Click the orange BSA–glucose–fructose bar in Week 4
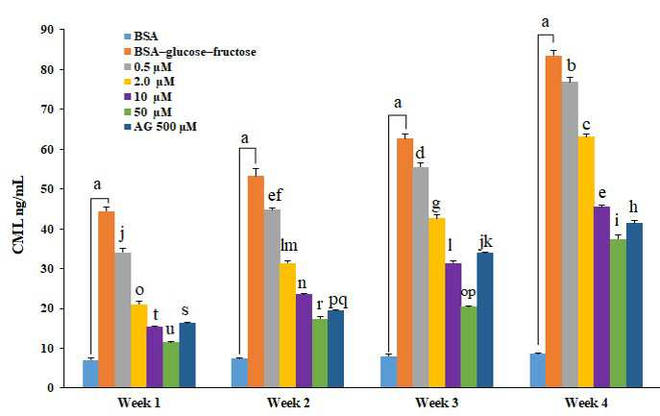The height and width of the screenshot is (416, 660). tap(553, 222)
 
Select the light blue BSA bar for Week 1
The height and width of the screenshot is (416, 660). tap(90, 374)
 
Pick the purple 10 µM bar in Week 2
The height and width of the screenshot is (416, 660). tap(304, 341)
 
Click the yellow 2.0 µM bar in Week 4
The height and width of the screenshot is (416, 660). tap(586, 262)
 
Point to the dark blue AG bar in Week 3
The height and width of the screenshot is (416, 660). tap(485, 320)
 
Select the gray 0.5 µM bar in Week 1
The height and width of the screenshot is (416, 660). tap(123, 320)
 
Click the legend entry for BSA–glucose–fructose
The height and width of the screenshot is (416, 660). tap(190, 52)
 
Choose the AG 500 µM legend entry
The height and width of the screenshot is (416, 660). tap(160, 127)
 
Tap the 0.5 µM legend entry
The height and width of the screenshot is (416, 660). tap(148, 67)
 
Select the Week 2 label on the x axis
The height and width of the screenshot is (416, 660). tap(288, 403)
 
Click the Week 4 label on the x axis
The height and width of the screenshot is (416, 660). tap(586, 403)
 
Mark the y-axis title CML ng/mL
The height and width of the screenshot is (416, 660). tap(18, 215)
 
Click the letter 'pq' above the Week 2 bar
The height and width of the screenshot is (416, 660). tap(338, 301)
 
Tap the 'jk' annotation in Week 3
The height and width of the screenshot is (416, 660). tap(485, 242)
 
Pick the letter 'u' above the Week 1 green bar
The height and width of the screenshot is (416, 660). tap(170, 330)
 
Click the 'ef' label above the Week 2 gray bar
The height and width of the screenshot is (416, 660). tap(275, 195)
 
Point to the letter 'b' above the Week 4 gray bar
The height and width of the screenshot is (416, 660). tap(572, 66)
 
